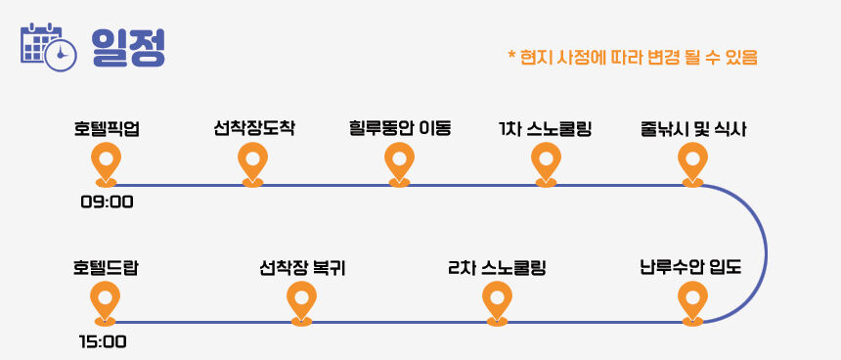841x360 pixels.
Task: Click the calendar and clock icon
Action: click(x=48, y=47)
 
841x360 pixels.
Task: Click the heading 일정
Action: click(x=128, y=48)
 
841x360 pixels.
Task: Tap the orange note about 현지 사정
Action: click(x=633, y=57)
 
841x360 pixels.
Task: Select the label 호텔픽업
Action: click(x=107, y=129)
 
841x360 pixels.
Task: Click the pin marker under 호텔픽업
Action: click(x=107, y=164)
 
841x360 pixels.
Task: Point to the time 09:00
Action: click(x=107, y=202)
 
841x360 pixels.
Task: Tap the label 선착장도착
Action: click(x=253, y=129)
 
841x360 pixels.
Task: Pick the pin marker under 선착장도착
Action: click(x=252, y=164)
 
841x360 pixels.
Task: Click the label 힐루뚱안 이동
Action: click(x=400, y=129)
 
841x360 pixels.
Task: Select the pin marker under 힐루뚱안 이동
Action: click(x=400, y=164)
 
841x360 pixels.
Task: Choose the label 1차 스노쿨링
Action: click(x=545, y=129)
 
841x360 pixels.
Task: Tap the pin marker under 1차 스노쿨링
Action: click(x=546, y=164)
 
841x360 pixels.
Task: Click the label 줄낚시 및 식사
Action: click(x=693, y=129)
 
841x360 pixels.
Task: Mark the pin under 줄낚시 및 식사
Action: click(x=692, y=164)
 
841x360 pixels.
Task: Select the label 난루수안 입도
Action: click(x=690, y=267)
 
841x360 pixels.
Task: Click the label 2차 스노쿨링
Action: click(x=497, y=268)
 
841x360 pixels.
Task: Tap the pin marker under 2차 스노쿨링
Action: click(x=497, y=303)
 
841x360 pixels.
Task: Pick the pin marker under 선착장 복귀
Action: click(x=301, y=303)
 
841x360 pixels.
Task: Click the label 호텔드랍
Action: click(x=106, y=268)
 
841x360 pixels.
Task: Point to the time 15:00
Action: click(x=103, y=341)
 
